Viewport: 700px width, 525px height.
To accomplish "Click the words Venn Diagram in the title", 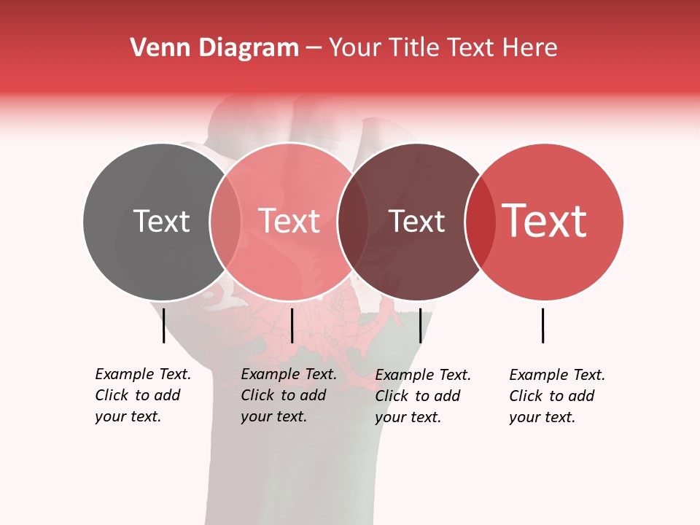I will click(214, 48).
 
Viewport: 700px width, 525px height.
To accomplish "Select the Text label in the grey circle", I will click(161, 222).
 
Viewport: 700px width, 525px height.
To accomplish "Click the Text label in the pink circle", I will click(289, 222).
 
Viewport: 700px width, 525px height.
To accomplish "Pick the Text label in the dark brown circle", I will click(416, 222).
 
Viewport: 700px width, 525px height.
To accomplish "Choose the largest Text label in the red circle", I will click(544, 221).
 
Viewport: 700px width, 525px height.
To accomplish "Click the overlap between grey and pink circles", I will click(225, 222).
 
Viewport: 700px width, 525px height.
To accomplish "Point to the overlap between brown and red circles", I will click(480, 222).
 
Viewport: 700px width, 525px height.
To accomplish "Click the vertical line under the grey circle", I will click(163, 325).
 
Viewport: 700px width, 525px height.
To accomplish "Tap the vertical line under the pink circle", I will click(292, 325).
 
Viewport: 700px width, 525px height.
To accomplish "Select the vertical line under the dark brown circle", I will click(420, 325).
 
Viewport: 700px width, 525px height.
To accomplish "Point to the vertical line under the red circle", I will click(542, 325).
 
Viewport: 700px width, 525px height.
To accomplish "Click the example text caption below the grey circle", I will click(142, 395).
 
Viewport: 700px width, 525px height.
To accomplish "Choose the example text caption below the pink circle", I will click(288, 395).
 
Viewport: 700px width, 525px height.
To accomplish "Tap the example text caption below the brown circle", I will click(422, 396).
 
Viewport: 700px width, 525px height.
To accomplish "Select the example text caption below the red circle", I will click(556, 396).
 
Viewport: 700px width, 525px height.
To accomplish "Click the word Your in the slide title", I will click(355, 48).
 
